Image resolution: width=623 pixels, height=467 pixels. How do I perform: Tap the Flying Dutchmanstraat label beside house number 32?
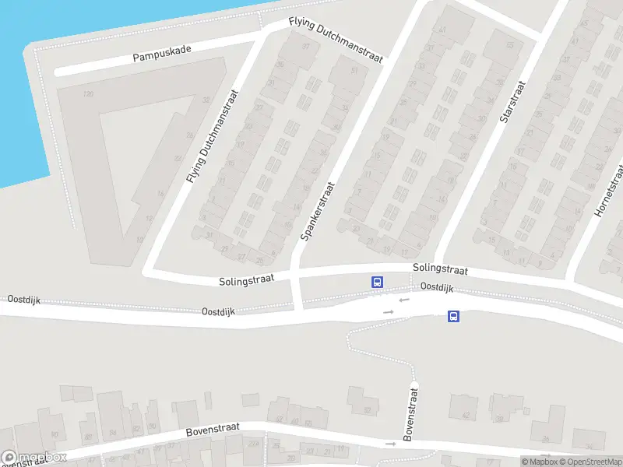pyautogui.click(x=213, y=136)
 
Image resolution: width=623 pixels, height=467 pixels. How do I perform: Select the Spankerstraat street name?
pyautogui.click(x=317, y=210)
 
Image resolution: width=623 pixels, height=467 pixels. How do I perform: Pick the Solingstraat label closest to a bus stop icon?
pyautogui.click(x=440, y=269)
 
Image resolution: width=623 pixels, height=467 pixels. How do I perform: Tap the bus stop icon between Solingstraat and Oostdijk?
pyautogui.click(x=377, y=282)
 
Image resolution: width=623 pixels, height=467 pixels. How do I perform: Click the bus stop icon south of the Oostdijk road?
pyautogui.click(x=453, y=316)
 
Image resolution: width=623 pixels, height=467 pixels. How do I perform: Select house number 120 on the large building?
pyautogui.click(x=88, y=94)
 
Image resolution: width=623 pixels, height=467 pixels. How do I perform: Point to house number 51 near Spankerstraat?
pyautogui.click(x=354, y=71)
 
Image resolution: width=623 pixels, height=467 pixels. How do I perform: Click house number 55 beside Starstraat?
pyautogui.click(x=510, y=45)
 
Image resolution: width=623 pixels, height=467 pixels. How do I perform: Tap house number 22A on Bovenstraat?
pyautogui.click(x=253, y=444)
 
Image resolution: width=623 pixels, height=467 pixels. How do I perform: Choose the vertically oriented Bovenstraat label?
pyautogui.click(x=408, y=413)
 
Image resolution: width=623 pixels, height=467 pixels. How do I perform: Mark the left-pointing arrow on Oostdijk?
pyautogui.click(x=403, y=300)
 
